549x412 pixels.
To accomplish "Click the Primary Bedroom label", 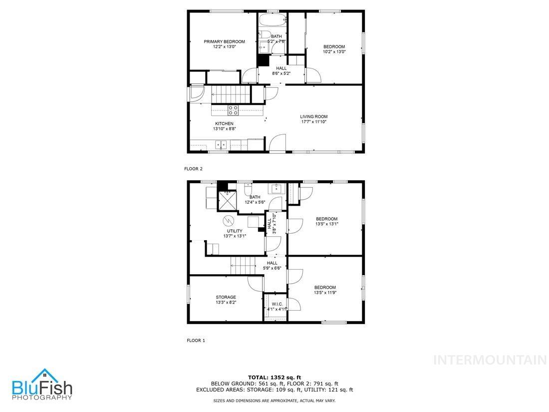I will (x=224, y=41).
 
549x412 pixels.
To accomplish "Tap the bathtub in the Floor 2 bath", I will (x=273, y=21).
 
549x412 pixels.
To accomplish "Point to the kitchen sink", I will (x=221, y=145).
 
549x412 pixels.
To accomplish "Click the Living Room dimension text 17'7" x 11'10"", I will (x=314, y=122).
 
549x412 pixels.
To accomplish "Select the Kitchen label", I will (x=224, y=123).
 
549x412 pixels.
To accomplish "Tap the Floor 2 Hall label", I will (x=281, y=68).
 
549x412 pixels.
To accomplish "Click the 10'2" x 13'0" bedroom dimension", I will (x=334, y=52).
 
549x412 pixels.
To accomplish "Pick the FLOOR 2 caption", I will (x=194, y=169).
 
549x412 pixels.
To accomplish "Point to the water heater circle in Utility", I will (x=228, y=220).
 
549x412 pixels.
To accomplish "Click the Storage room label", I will (x=226, y=297).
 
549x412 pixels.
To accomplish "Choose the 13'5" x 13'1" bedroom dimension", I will (x=326, y=224).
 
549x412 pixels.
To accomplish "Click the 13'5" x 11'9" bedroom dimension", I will (x=325, y=293).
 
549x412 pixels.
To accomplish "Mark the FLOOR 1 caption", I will (x=196, y=341).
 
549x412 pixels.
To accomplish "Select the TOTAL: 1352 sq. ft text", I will (x=274, y=377).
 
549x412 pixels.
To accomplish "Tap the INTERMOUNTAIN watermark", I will (x=490, y=360).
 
